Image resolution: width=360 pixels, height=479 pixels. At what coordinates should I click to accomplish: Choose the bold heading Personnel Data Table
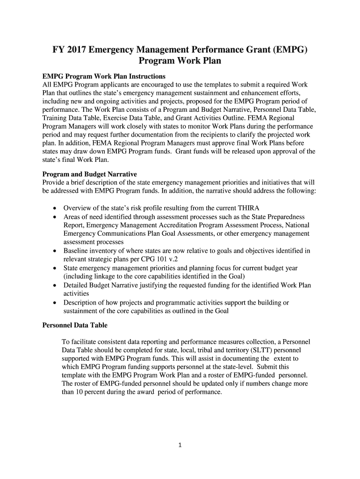(75, 325)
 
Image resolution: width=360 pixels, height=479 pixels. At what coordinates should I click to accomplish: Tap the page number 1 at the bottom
(180, 445)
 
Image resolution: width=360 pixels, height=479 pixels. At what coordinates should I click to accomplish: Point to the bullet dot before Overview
(55, 208)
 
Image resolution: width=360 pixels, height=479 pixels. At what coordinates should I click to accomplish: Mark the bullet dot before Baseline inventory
(55, 251)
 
